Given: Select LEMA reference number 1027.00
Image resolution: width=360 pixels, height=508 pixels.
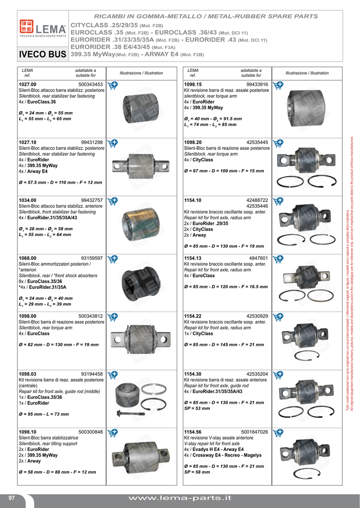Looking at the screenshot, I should (27, 85).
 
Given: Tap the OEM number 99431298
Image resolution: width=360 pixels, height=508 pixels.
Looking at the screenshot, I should (92, 142).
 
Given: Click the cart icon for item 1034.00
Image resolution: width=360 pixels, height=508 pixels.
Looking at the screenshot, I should (113, 200).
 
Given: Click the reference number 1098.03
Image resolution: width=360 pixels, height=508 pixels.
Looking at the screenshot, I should (27, 374).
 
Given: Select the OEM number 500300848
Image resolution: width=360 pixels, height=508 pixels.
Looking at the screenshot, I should (90, 432).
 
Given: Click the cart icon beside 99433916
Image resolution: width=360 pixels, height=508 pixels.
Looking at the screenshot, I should (278, 85).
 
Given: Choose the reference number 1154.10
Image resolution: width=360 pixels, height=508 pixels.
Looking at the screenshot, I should (193, 200).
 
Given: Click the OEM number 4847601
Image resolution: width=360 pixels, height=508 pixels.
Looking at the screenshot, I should (259, 258).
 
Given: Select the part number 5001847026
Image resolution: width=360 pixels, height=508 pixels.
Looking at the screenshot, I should (255, 432).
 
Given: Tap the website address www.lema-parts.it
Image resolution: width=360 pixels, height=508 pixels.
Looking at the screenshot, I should (180, 498).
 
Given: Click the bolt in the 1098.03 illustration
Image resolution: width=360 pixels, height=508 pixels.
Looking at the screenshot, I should (130, 413).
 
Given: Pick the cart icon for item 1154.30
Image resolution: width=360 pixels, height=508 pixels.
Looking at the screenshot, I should (278, 375).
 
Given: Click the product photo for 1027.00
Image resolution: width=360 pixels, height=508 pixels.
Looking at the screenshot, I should (140, 107).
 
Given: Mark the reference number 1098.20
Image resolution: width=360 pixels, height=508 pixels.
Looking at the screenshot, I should (193, 142).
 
